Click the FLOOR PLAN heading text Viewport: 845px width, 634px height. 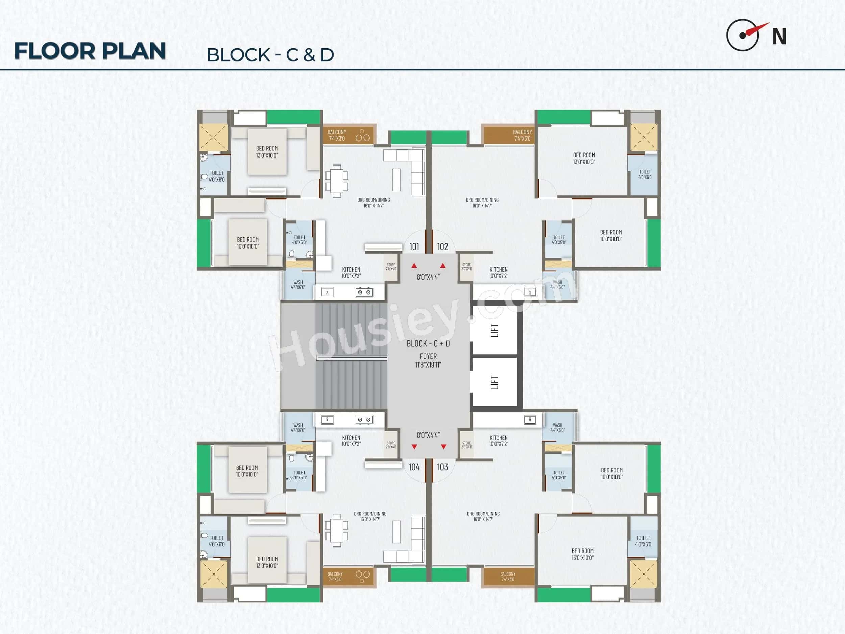point(90,51)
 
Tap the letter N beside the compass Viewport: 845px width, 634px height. point(779,37)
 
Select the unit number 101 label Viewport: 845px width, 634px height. point(414,247)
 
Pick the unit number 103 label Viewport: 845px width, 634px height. point(442,467)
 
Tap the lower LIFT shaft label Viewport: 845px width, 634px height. point(495,382)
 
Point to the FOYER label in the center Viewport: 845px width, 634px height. point(428,356)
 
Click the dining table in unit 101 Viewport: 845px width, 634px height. point(337,181)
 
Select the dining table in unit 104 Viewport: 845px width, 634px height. point(337,531)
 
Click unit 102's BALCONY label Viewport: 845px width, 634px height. point(522,132)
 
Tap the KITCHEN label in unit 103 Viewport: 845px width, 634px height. point(499,438)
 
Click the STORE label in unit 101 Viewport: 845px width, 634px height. point(391,265)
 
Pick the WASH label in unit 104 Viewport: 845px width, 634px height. point(298,425)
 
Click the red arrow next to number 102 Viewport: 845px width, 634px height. point(443,265)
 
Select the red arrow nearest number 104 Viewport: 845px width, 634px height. point(414,447)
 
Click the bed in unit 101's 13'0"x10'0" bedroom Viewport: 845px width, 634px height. point(267,152)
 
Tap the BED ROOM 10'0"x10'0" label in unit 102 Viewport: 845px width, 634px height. point(610,232)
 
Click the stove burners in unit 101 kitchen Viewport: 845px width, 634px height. point(364,292)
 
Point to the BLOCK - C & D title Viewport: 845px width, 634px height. point(270,55)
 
